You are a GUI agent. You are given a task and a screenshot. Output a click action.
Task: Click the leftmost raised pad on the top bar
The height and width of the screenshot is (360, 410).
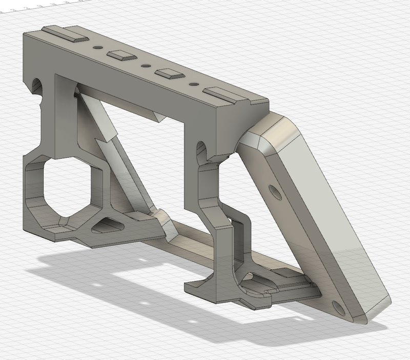pos(65,34)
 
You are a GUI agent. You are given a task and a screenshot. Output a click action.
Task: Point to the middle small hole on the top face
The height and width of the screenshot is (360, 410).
pos(146,66)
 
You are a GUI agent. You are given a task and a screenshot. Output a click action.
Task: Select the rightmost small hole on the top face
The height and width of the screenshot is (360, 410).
pos(194,83)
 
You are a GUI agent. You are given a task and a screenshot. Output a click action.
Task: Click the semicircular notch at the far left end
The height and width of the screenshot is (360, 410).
pos(37,85)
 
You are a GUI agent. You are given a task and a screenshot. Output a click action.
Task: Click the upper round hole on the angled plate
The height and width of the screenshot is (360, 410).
pos(275,193)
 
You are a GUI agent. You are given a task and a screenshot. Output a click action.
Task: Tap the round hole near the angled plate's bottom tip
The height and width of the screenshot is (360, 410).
pos(338,307)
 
